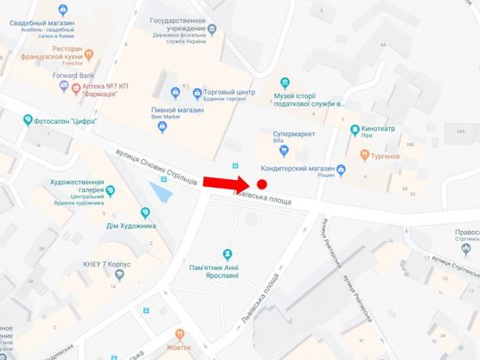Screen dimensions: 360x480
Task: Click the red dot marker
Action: pos(261,184)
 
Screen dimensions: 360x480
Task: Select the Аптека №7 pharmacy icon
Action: pos(75,88)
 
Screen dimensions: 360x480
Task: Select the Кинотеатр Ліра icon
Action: pos(355,129)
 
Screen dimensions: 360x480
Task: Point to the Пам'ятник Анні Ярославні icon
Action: pos(227,254)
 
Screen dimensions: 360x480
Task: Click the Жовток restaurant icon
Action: pos(180,332)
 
